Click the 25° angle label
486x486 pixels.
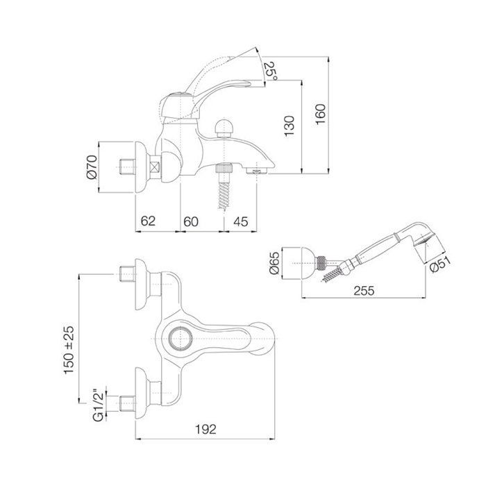271,71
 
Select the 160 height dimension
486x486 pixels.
321,115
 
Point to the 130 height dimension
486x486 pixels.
290,126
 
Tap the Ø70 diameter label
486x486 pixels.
92,167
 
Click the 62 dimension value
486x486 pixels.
148,221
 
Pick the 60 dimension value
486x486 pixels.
191,221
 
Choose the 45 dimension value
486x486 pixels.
241,221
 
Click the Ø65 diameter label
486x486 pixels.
275,263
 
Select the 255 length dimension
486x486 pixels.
364,290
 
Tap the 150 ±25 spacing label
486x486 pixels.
69,350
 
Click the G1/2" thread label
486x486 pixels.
99,405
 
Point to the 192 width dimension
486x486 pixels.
206,429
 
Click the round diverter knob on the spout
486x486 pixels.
224,128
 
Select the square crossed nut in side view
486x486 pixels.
155,167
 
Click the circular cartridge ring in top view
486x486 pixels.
180,339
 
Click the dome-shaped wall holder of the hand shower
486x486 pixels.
309,263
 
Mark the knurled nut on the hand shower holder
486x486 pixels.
321,263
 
